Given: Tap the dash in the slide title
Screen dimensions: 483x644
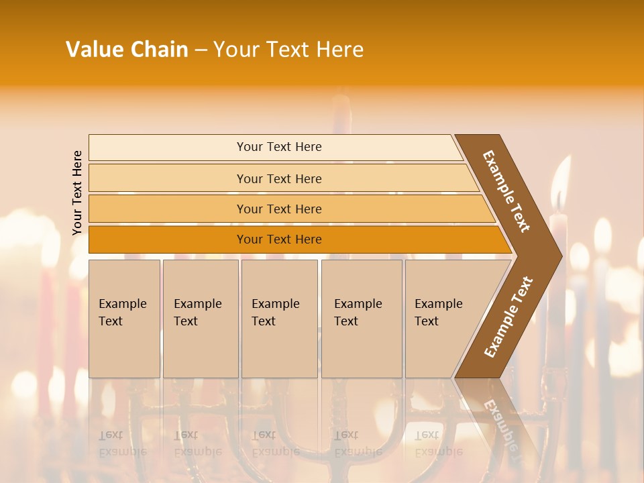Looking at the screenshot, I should click(201, 50).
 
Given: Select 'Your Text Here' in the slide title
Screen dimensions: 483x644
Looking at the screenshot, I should click(288, 50).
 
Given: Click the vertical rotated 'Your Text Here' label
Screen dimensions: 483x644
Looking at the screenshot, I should click(77, 193).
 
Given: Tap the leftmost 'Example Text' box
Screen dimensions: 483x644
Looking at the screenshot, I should click(124, 318).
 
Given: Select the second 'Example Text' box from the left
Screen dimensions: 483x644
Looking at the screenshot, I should click(201, 318).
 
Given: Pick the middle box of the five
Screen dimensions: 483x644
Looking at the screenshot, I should click(279, 318).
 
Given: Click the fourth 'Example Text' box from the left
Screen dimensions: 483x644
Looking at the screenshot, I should click(362, 318).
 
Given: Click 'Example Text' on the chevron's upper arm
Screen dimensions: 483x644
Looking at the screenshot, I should click(506, 191).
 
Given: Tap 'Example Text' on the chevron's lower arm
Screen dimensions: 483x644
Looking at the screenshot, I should click(508, 317).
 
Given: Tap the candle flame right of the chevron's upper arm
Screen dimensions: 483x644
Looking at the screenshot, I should click(557, 184).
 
